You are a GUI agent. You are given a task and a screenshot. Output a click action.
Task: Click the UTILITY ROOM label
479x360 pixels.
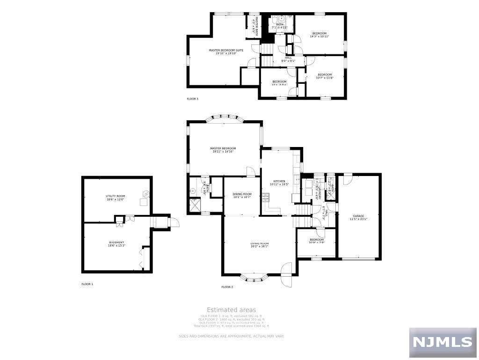115,196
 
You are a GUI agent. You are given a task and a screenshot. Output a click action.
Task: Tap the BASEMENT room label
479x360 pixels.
116,242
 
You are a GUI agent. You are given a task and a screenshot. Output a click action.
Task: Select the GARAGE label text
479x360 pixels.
359,216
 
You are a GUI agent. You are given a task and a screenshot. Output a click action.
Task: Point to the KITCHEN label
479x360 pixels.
279,181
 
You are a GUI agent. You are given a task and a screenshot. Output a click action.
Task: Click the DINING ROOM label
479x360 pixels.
242,194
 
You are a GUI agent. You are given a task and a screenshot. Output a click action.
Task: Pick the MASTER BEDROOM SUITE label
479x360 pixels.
226,50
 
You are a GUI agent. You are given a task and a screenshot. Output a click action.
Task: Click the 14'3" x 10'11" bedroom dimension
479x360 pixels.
319,36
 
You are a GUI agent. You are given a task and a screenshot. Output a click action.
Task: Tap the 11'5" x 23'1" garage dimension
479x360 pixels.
359,219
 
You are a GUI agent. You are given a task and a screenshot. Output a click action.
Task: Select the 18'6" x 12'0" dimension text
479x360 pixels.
115,199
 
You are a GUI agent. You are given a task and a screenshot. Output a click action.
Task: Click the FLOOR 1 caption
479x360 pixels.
87,284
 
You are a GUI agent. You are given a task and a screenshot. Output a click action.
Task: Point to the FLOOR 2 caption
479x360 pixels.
227,287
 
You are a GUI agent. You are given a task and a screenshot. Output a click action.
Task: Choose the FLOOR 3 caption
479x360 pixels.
193,99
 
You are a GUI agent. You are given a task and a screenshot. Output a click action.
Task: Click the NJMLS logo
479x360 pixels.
443,342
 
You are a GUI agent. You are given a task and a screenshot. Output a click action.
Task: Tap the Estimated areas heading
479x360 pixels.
232,310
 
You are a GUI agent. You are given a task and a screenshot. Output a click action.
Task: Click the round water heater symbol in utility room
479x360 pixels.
145,194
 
